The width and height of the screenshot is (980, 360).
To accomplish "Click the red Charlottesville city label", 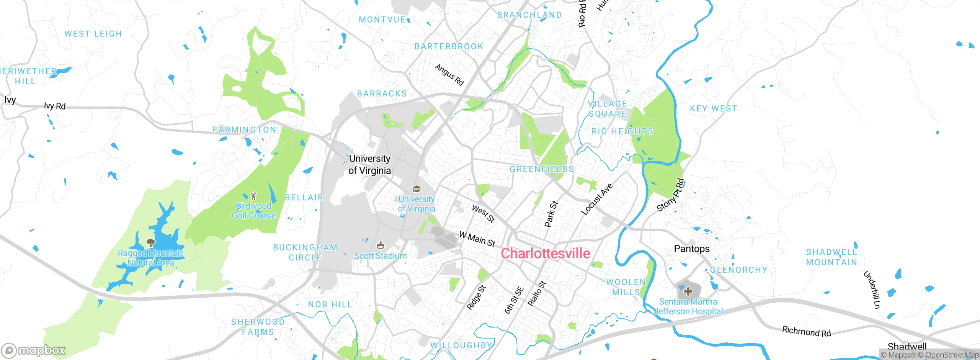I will pyautogui.click(x=545, y=254).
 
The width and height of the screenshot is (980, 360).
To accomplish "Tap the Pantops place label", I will pyautogui.click(x=691, y=249).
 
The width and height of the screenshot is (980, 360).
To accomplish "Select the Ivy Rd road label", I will pyautogui.click(x=55, y=106).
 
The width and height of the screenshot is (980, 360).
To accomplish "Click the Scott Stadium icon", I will pyautogui.click(x=380, y=245).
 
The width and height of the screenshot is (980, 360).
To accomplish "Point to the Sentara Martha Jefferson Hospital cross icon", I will pyautogui.click(x=688, y=291).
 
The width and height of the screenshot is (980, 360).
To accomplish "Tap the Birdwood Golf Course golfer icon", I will pyautogui.click(x=253, y=196).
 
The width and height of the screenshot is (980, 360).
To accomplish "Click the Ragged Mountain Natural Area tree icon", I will pyautogui.click(x=150, y=242).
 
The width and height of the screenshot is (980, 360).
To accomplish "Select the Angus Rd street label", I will pyautogui.click(x=449, y=75).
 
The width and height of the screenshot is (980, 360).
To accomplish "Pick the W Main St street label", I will pyautogui.click(x=477, y=239).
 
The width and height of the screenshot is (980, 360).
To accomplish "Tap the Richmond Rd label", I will pyautogui.click(x=806, y=331).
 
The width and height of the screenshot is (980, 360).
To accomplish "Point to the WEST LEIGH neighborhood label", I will pyautogui.click(x=93, y=34).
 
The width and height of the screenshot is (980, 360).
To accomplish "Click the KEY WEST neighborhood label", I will pyautogui.click(x=713, y=108).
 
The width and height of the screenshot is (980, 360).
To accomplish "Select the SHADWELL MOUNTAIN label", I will pyautogui.click(x=831, y=257).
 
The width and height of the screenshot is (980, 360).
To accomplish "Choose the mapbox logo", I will pyautogui.click(x=34, y=350).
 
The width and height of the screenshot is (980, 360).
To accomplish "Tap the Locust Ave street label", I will pyautogui.click(x=596, y=199).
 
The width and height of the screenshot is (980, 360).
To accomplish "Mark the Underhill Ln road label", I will pyautogui.click(x=872, y=290).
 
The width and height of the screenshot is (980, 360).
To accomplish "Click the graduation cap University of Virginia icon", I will pyautogui.click(x=416, y=188).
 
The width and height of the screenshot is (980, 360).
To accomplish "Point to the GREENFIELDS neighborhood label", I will pyautogui.click(x=542, y=169).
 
